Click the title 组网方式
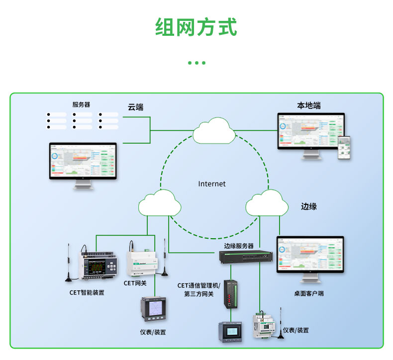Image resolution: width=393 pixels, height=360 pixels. click(x=196, y=27)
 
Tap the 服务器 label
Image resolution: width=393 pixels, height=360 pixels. click(x=81, y=104)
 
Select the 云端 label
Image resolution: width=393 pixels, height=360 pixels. click(x=135, y=107)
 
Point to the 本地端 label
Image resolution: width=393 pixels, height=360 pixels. click(x=308, y=105)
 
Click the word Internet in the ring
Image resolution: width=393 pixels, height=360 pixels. click(x=212, y=184)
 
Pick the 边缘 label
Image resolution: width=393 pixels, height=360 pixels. click(x=308, y=206)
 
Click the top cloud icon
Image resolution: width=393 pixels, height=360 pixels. click(x=214, y=130)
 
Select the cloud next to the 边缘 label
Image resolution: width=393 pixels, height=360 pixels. click(x=267, y=203)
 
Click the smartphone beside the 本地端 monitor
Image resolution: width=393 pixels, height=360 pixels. click(x=344, y=148)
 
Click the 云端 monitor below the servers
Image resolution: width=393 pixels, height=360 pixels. click(x=83, y=162)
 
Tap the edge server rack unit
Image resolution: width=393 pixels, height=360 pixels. click(x=247, y=257)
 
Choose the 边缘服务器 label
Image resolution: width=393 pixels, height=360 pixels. click(x=239, y=246)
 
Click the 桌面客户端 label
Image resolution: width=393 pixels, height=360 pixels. click(x=308, y=293)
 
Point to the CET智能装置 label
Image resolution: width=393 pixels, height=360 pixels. click(x=87, y=292)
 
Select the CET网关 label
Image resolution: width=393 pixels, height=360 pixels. click(x=135, y=283)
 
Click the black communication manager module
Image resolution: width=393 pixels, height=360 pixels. click(x=231, y=293)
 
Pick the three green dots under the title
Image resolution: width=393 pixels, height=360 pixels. click(x=196, y=63)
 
